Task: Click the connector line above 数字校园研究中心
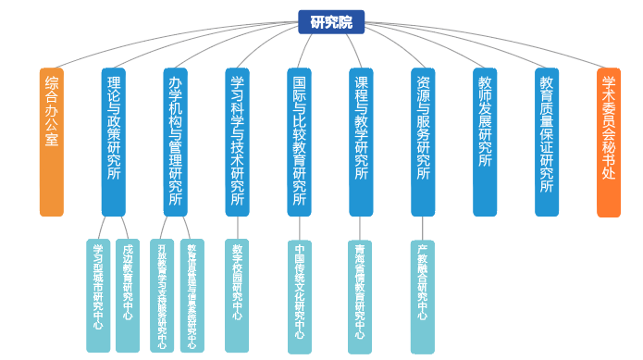tap(238, 228)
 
